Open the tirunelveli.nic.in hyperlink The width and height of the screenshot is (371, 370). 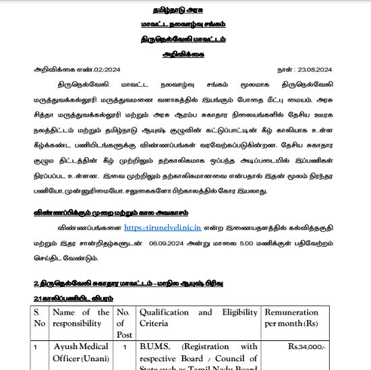coord(165,228)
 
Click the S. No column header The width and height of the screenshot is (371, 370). coord(40,318)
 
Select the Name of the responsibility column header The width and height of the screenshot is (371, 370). coord(80,318)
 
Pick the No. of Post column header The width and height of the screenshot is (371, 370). coord(123,323)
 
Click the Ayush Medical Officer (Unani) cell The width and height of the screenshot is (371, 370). coord(80,352)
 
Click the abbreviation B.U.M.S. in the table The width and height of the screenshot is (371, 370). coord(157,347)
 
